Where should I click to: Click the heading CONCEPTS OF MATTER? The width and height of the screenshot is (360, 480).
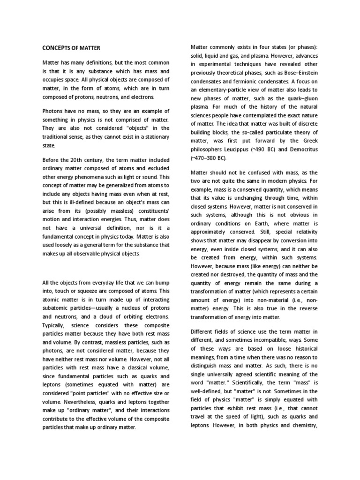pos(71,48)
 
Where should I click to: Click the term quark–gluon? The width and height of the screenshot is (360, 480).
pos(300,107)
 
